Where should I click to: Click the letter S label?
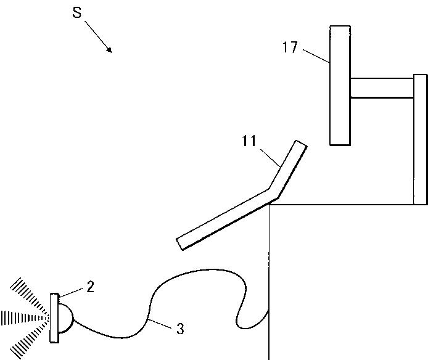[x=77, y=13]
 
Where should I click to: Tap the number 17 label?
[x=290, y=47]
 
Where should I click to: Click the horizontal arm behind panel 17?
[x=381, y=88]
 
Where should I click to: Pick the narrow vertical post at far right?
[x=420, y=139]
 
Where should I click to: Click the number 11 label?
[x=249, y=141]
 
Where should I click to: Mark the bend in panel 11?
[x=271, y=192]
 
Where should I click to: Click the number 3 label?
[x=180, y=329]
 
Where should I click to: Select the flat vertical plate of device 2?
[x=55, y=317]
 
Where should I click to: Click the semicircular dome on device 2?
[x=65, y=317]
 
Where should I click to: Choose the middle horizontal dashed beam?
[x=22, y=318]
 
